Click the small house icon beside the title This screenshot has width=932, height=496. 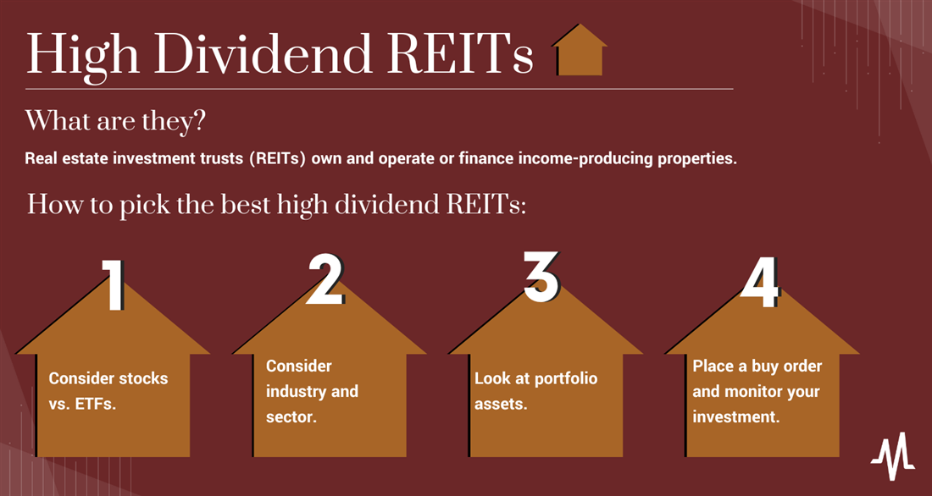580,51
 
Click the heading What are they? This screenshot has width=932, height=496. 115,120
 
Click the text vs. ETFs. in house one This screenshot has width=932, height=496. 81,405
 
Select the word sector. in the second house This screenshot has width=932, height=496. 291,417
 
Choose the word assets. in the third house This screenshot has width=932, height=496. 501,405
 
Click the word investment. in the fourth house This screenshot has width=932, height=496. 735,417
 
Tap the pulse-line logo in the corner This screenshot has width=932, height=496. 893,456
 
